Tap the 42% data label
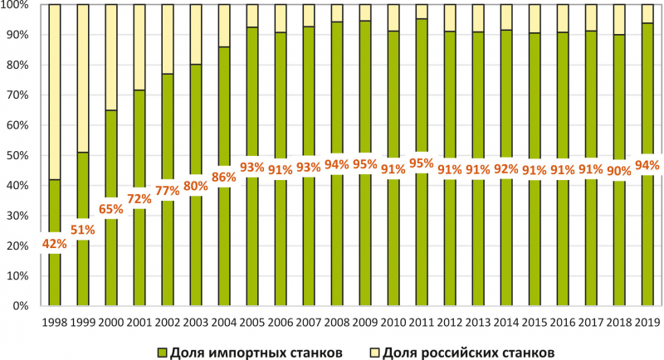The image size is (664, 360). (x=54, y=244)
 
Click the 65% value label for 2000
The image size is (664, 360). (x=110, y=208)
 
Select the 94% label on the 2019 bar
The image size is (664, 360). (x=647, y=165)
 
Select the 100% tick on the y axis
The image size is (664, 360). (x=17, y=5)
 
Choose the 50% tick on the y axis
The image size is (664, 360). (x=19, y=156)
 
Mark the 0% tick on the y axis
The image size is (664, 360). (x=22, y=307)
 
